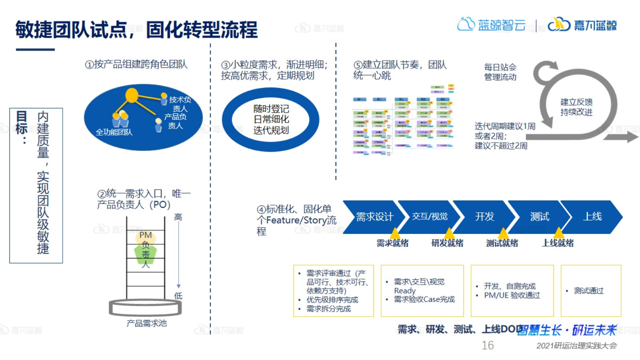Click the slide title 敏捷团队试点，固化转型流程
point(136,30)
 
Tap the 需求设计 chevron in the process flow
point(374,217)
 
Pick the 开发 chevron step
point(484,217)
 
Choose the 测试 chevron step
point(539,217)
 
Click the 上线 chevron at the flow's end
point(592,217)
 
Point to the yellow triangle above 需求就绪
point(394,233)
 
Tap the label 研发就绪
point(447,243)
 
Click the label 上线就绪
point(558,243)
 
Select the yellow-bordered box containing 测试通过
point(591,290)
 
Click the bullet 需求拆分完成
point(328,309)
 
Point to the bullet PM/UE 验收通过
point(512,295)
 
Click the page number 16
point(487,345)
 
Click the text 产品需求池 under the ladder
point(146,323)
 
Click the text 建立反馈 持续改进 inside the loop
point(576,107)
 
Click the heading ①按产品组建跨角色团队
point(136,64)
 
